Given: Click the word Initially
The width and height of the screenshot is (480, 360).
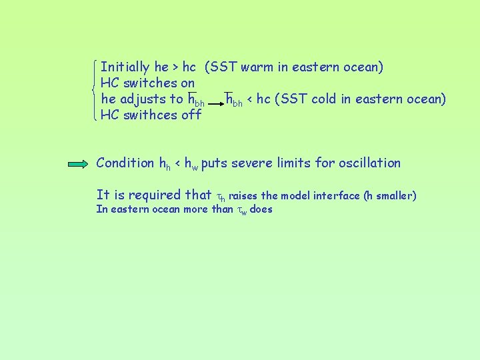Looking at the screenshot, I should point(125,67).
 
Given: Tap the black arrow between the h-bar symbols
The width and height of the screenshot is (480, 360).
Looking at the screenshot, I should point(215,105).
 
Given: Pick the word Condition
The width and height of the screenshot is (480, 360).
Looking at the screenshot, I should point(125,163).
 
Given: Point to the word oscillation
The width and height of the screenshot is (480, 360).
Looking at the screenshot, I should point(369,163).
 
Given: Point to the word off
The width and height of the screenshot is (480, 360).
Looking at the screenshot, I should point(191,115).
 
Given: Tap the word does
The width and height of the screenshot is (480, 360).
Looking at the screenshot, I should point(261,210).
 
